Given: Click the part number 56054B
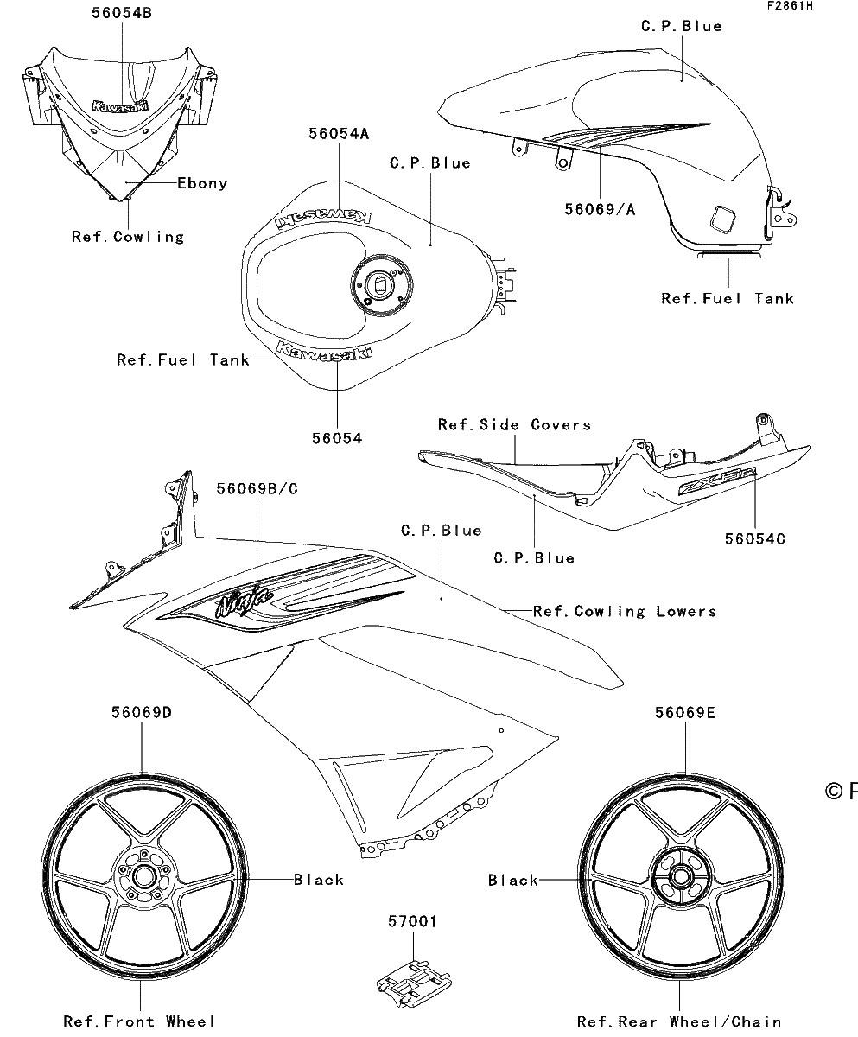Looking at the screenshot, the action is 122,13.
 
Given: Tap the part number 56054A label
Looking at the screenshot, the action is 339,134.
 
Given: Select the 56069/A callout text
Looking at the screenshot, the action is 600,209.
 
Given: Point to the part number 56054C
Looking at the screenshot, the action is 754,539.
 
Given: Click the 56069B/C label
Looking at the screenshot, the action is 257,489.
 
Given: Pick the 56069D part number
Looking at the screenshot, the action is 142,712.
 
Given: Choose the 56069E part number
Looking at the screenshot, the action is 685,713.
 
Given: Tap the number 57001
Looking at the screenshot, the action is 413,921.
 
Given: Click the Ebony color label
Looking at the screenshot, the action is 202,183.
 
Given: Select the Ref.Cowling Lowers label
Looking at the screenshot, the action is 625,611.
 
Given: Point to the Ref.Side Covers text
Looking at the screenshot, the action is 514,424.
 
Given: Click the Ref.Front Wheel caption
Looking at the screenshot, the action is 139,1021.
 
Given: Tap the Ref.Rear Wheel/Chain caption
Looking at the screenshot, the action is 679,1022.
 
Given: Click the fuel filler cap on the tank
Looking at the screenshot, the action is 381,285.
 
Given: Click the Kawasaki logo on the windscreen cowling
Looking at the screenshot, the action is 119,105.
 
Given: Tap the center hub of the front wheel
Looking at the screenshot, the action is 144,878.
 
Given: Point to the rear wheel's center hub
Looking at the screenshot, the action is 680,878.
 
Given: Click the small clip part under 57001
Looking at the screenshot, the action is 414,982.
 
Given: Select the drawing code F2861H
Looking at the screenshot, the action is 790,6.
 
